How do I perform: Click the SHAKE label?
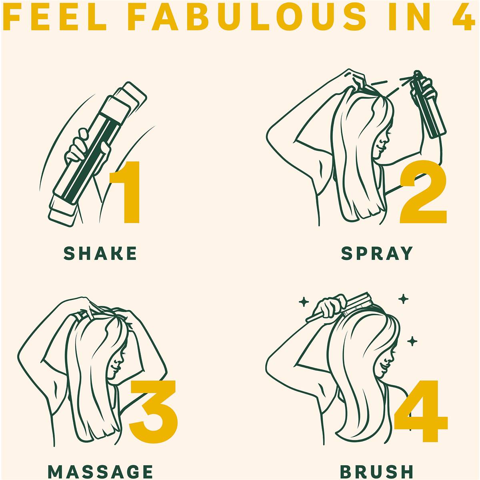100,253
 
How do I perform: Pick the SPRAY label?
377,253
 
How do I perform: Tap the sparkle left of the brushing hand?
304,302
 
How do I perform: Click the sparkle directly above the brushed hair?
403,299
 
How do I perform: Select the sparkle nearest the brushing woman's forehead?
412,341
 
